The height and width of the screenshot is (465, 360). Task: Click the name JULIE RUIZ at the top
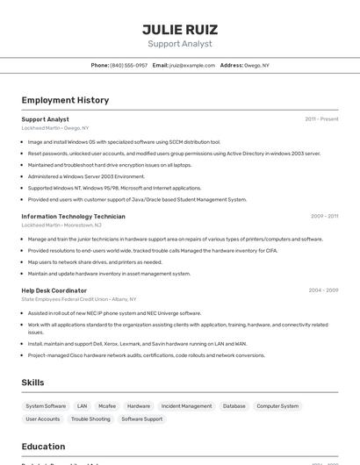tap(179, 29)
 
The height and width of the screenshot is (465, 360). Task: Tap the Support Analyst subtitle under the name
tap(179, 44)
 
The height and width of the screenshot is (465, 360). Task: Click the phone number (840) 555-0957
tap(130, 65)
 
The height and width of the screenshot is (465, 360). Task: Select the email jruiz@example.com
tap(191, 65)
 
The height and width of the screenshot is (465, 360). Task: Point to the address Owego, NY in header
tap(256, 65)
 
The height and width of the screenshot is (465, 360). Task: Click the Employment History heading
tap(65, 100)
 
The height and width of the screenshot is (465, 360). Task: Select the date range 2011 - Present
tap(321, 118)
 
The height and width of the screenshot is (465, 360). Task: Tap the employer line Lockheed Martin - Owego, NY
tap(55, 128)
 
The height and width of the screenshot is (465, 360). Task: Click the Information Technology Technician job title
tap(73, 216)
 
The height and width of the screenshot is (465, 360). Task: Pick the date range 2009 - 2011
tap(324, 216)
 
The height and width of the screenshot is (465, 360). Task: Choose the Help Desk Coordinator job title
tap(54, 290)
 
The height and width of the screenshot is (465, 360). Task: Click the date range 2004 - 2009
tap(323, 290)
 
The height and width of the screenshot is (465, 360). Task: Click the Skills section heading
tap(33, 383)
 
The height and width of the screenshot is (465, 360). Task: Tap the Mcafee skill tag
tap(107, 406)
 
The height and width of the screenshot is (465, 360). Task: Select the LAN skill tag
tap(82, 406)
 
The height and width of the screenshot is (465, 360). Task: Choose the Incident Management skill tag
tap(186, 406)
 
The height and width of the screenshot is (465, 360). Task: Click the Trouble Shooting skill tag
tap(90, 419)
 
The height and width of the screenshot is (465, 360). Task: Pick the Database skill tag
tap(234, 406)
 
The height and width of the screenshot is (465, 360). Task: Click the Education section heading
tap(43, 447)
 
